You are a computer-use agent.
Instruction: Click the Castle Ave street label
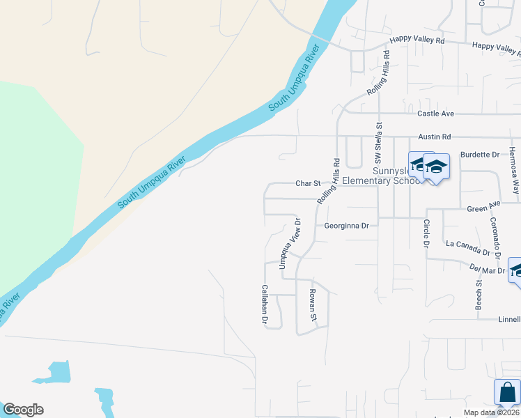click(435, 114)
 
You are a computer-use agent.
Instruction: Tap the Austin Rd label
click(435, 137)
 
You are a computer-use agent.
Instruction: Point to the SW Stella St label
click(380, 142)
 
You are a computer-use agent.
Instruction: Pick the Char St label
click(307, 184)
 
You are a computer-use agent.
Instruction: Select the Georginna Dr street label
click(346, 226)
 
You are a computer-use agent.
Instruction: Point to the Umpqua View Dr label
click(290, 244)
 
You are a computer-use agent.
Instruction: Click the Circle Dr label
click(426, 233)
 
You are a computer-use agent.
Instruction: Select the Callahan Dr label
click(265, 304)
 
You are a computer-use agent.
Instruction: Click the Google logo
click(23, 410)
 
